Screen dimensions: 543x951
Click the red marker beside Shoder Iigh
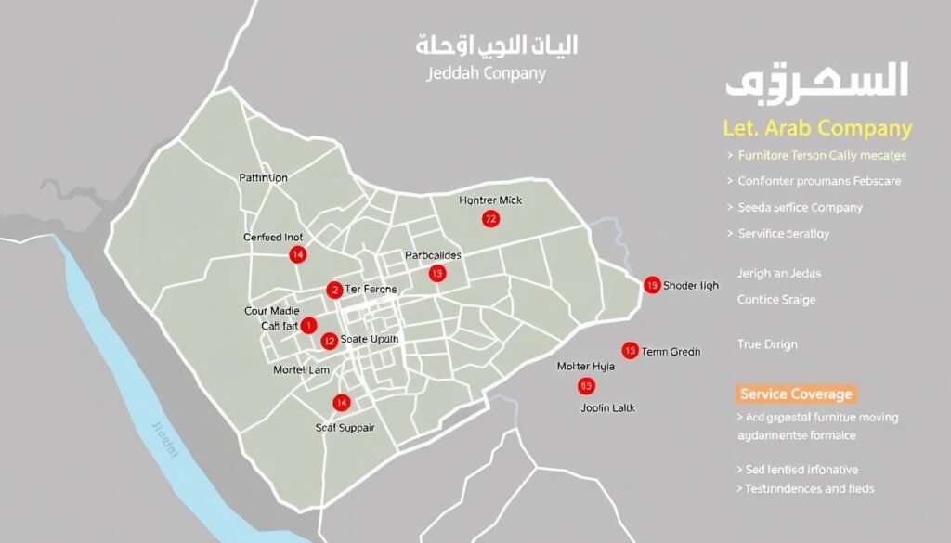(x=651, y=285)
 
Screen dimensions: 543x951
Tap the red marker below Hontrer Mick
(x=490, y=219)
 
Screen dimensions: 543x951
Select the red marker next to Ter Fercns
(x=334, y=291)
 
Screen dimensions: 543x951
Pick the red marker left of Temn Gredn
(x=630, y=351)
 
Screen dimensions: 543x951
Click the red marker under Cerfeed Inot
(x=297, y=254)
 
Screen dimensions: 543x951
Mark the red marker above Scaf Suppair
(x=342, y=403)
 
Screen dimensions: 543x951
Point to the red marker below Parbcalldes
(x=436, y=273)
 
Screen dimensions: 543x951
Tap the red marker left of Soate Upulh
(x=329, y=341)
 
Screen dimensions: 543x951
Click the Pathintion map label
(x=263, y=177)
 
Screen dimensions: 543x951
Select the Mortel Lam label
(x=301, y=370)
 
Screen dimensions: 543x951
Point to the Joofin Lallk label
(x=607, y=407)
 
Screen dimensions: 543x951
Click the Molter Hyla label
(x=585, y=367)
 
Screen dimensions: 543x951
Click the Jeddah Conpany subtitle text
(x=486, y=73)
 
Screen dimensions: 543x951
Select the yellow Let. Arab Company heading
(x=817, y=128)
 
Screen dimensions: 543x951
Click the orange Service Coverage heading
(x=796, y=394)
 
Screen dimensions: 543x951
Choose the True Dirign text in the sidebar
(x=767, y=344)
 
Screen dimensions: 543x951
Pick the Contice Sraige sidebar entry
(x=776, y=299)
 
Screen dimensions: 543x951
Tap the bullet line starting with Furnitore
(x=821, y=156)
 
